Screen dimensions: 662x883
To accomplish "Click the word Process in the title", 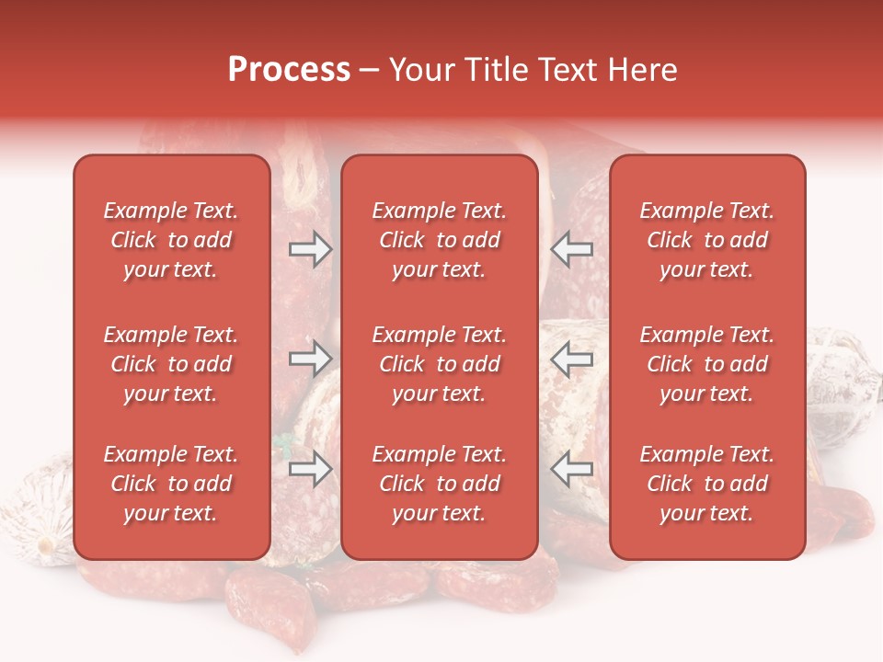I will click(x=289, y=70).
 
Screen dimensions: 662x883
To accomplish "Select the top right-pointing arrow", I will click(x=310, y=249).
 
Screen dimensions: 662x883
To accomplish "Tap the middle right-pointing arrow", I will click(x=310, y=359).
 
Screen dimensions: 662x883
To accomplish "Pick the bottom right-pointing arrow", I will click(x=310, y=469).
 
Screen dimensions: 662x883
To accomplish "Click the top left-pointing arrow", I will click(x=572, y=249).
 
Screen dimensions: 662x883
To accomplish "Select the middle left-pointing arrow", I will click(x=572, y=359).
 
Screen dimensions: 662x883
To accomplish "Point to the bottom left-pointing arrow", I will click(x=572, y=469).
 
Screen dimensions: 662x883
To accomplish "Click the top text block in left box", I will click(x=171, y=240).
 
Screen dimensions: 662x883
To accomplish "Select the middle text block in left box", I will click(x=171, y=364).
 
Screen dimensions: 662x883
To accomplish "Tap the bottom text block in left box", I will click(x=171, y=484).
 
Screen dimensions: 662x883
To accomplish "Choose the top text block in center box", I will click(x=440, y=240).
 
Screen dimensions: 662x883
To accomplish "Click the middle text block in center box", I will click(x=440, y=364).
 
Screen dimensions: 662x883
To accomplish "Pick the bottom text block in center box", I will click(x=440, y=484).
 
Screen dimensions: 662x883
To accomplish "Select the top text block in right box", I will click(x=707, y=240).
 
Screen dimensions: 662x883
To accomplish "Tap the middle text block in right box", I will click(x=707, y=364).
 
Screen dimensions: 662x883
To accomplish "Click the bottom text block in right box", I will click(x=707, y=484).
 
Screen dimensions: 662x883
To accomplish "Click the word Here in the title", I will click(x=643, y=70).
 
